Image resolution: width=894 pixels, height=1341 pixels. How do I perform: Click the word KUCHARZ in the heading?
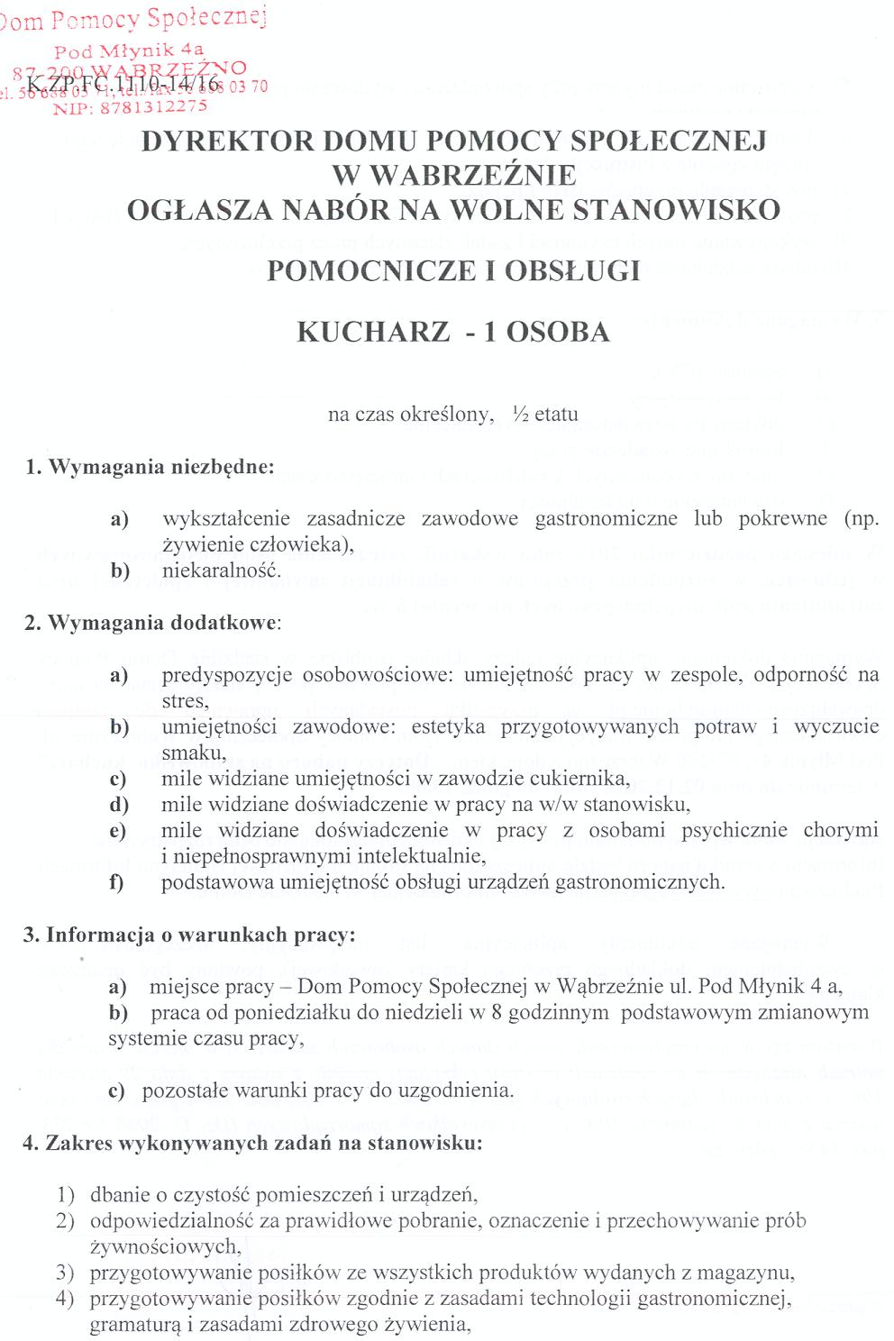pyautogui.click(x=373, y=332)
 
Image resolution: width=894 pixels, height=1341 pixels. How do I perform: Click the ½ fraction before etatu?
pyautogui.click(x=519, y=415)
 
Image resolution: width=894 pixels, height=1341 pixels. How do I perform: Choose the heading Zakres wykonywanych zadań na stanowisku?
pyautogui.click(x=253, y=1143)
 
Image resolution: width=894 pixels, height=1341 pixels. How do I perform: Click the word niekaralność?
pyautogui.click(x=222, y=570)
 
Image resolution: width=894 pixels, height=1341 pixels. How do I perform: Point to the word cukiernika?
pyautogui.click(x=582, y=779)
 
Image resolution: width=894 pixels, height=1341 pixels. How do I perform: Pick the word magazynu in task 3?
pyautogui.click(x=753, y=1273)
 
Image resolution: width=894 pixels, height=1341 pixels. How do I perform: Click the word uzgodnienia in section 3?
pyautogui.click(x=461, y=1090)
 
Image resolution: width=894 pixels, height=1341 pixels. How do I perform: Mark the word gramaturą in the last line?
pyautogui.click(x=131, y=1325)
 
